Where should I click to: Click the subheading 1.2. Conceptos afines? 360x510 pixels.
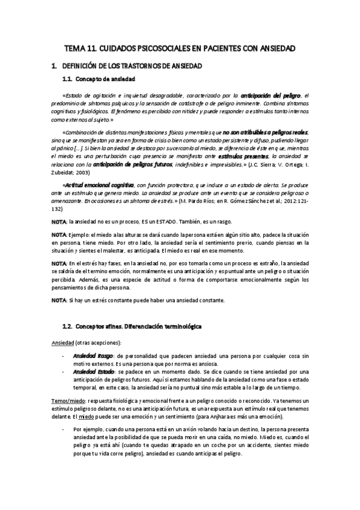132,327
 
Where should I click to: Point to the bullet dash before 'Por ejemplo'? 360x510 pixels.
64,430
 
